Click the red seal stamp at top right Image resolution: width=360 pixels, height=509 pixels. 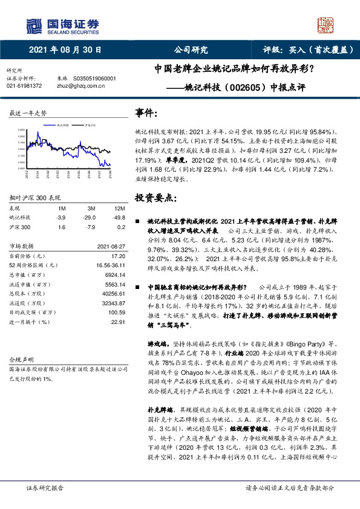tap(326, 25)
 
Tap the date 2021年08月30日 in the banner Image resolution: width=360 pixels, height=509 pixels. tap(65, 50)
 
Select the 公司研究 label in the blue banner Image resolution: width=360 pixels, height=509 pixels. tap(191, 50)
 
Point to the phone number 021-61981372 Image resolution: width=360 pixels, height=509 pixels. tap(24, 86)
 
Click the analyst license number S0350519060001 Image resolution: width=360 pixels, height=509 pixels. tap(94, 79)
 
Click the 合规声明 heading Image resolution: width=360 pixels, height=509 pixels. tap(18, 358)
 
